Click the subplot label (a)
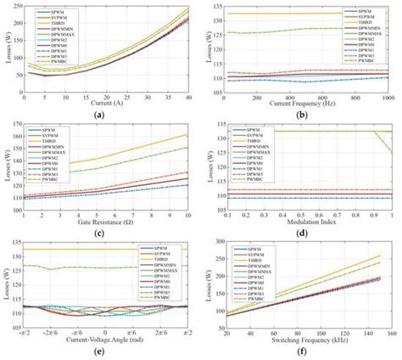pos(100,114)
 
